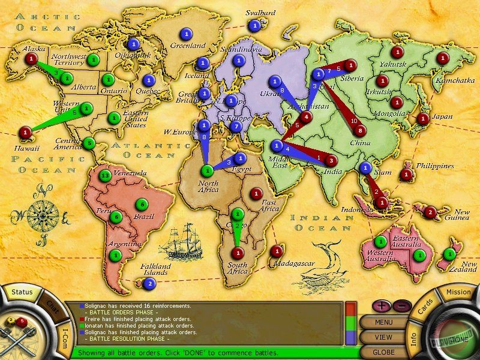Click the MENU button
click(383, 322)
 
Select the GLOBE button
click(383, 352)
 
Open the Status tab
click(22, 292)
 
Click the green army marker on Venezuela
click(106, 176)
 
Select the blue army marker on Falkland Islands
click(149, 284)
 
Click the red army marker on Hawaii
click(25, 131)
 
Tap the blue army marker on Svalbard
click(255, 25)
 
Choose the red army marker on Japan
click(423, 118)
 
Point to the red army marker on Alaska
click(31, 58)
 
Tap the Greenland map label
click(187, 45)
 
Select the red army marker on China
click(361, 130)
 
